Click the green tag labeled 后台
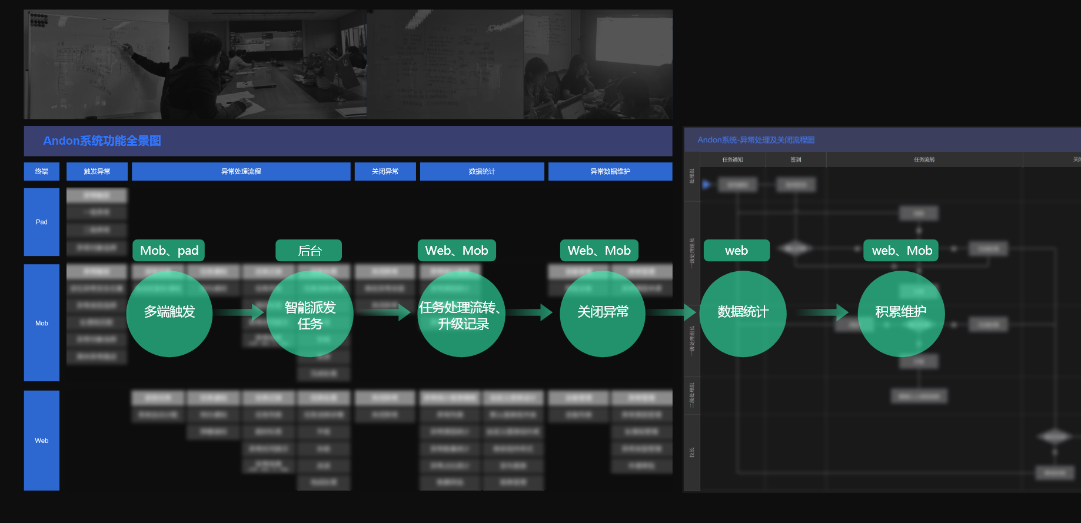click(309, 251)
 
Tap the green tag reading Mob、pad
click(169, 251)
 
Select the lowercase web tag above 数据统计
click(736, 251)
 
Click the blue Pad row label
click(42, 222)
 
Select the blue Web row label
click(42, 441)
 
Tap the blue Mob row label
click(42, 323)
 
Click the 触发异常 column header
click(97, 171)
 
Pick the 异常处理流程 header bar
click(241, 171)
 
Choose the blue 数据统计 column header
click(482, 171)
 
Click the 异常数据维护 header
click(610, 171)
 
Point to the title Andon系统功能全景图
click(102, 141)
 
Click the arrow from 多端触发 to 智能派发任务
click(239, 312)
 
